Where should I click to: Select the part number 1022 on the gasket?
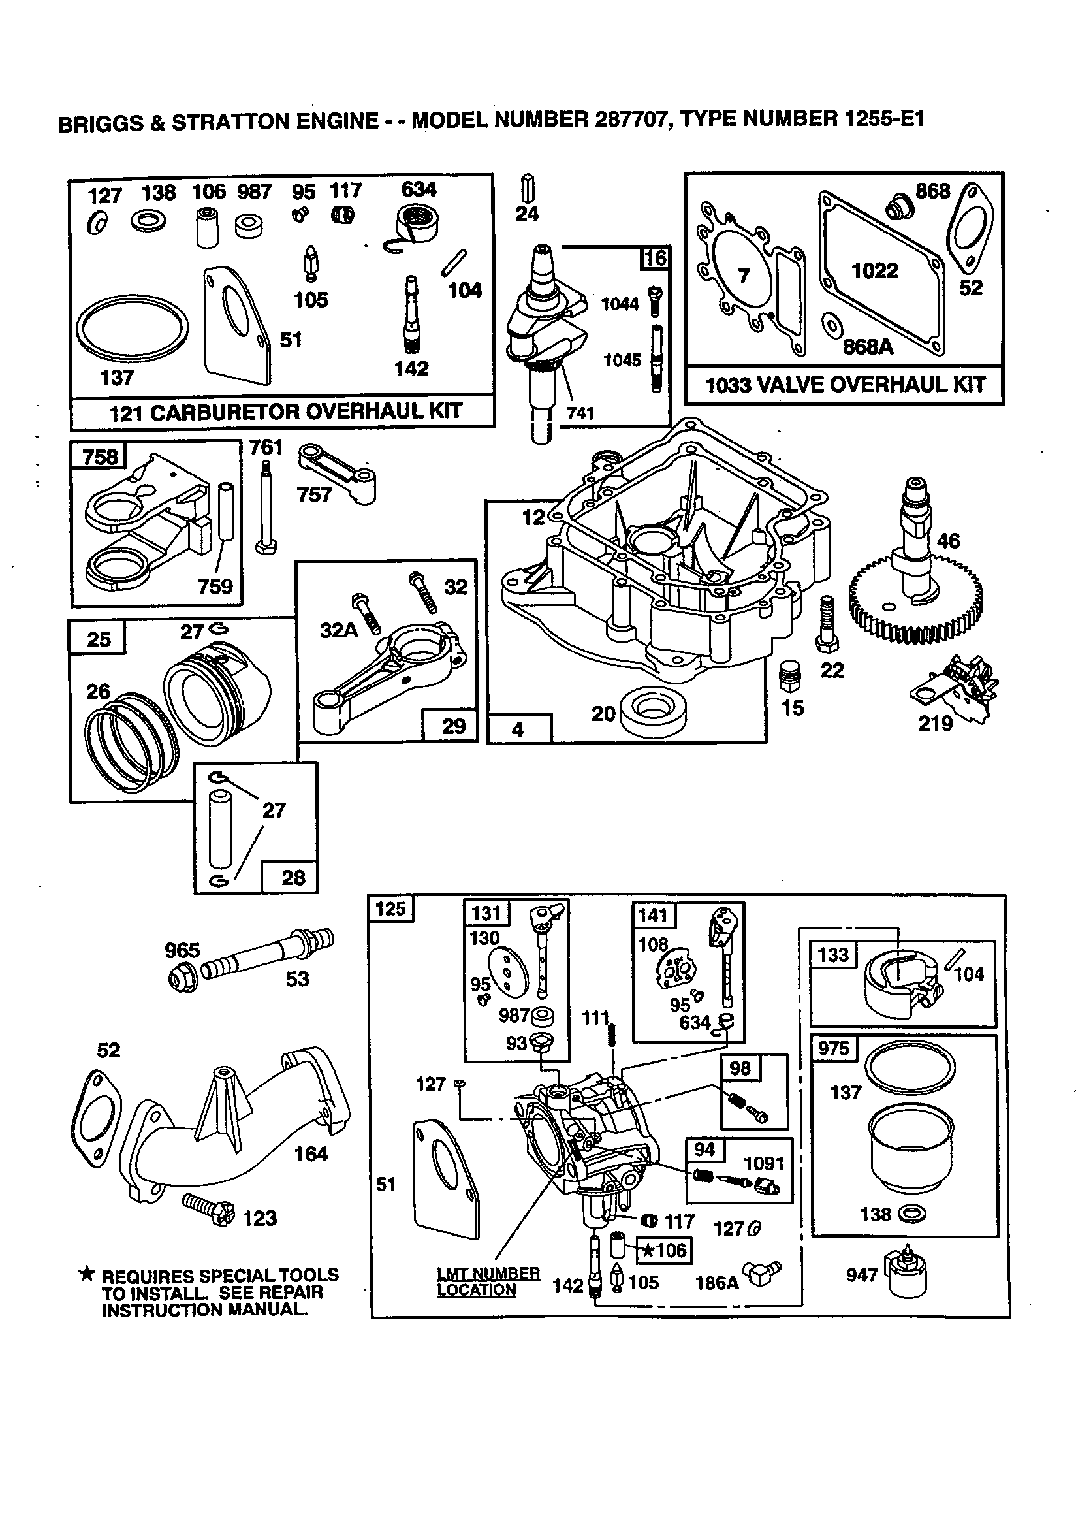click(874, 270)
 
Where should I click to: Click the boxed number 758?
click(100, 457)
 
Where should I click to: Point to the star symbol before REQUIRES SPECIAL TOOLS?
click(87, 1274)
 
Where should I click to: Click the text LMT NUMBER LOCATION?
click(488, 1281)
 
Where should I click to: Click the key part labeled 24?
click(529, 187)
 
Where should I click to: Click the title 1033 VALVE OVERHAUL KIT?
click(845, 385)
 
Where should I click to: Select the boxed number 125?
click(390, 908)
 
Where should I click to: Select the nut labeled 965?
click(180, 978)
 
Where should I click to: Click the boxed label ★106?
click(665, 1250)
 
